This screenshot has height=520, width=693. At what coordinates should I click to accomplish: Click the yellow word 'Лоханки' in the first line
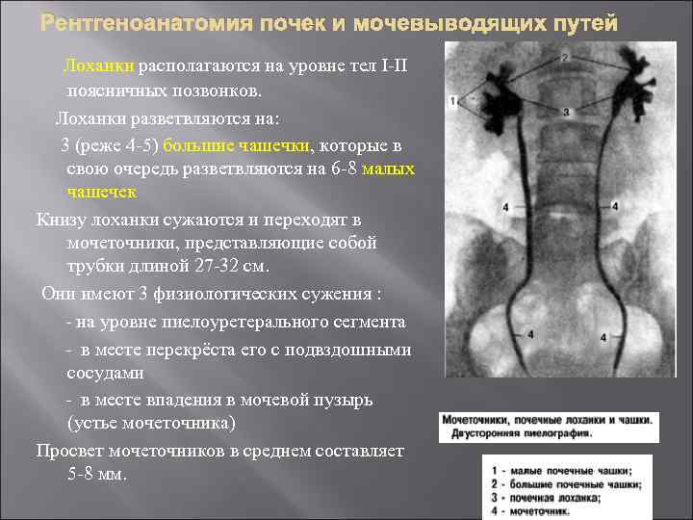tap(98, 66)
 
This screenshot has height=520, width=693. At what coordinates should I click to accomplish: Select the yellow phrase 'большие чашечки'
tap(237, 145)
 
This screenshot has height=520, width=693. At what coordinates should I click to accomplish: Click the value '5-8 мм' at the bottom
tap(97, 475)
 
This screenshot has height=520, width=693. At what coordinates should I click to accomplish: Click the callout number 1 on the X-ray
tap(452, 99)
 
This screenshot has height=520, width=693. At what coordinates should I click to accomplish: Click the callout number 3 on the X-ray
tap(566, 113)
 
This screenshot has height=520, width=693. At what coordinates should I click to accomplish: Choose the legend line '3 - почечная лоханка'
tap(545, 498)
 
